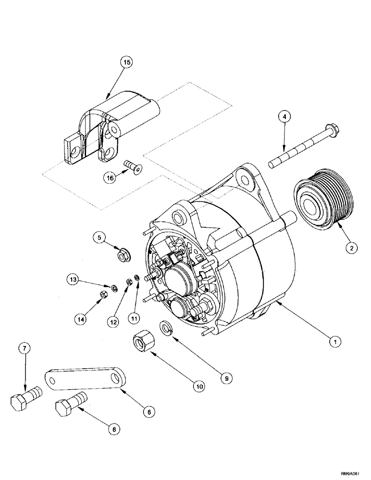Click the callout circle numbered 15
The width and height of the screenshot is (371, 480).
pos(126,62)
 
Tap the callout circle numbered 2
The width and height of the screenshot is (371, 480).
pos(352,248)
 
